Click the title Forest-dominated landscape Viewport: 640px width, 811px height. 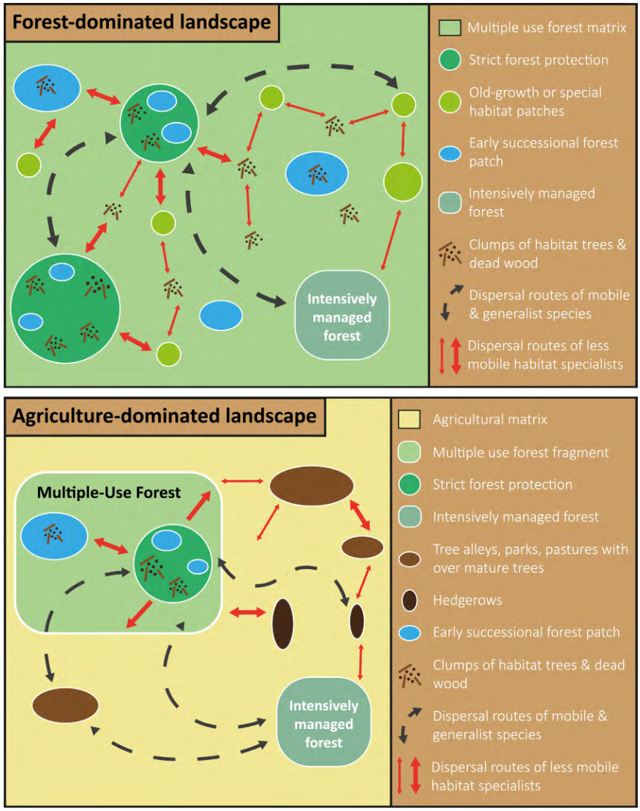142,22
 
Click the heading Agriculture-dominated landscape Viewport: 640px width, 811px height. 165,416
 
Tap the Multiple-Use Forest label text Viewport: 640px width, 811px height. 109,492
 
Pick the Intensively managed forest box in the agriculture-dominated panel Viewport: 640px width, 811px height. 324,724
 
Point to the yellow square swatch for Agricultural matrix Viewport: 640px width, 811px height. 410,420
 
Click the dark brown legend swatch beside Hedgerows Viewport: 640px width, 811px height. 410,600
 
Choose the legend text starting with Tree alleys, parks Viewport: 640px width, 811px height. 530,558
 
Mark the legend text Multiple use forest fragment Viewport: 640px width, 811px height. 521,453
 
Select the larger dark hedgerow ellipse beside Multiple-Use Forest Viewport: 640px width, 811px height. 282,624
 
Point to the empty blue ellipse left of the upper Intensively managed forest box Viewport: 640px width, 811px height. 221,314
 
